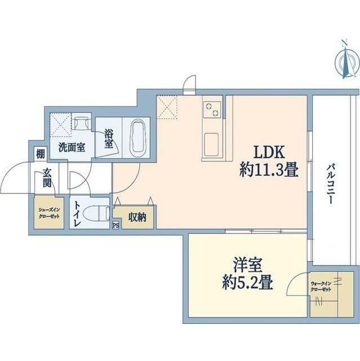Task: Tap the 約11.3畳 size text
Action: [x=269, y=170]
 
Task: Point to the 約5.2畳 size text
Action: [x=248, y=281]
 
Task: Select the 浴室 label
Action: [x=109, y=139]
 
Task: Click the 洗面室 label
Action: [x=72, y=148]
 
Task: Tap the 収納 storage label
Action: [x=137, y=217]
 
